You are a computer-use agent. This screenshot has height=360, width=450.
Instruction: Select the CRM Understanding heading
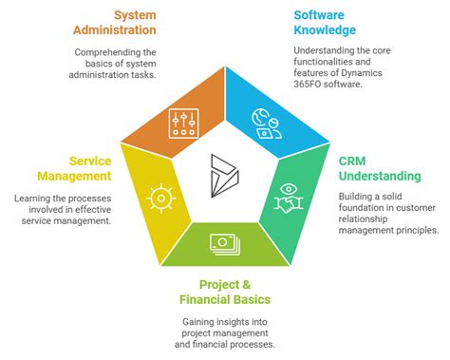tap(380, 169)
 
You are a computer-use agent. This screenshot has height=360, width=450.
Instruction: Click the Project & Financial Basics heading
tap(225, 293)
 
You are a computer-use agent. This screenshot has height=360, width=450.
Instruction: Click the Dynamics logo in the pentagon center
tap(225, 173)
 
